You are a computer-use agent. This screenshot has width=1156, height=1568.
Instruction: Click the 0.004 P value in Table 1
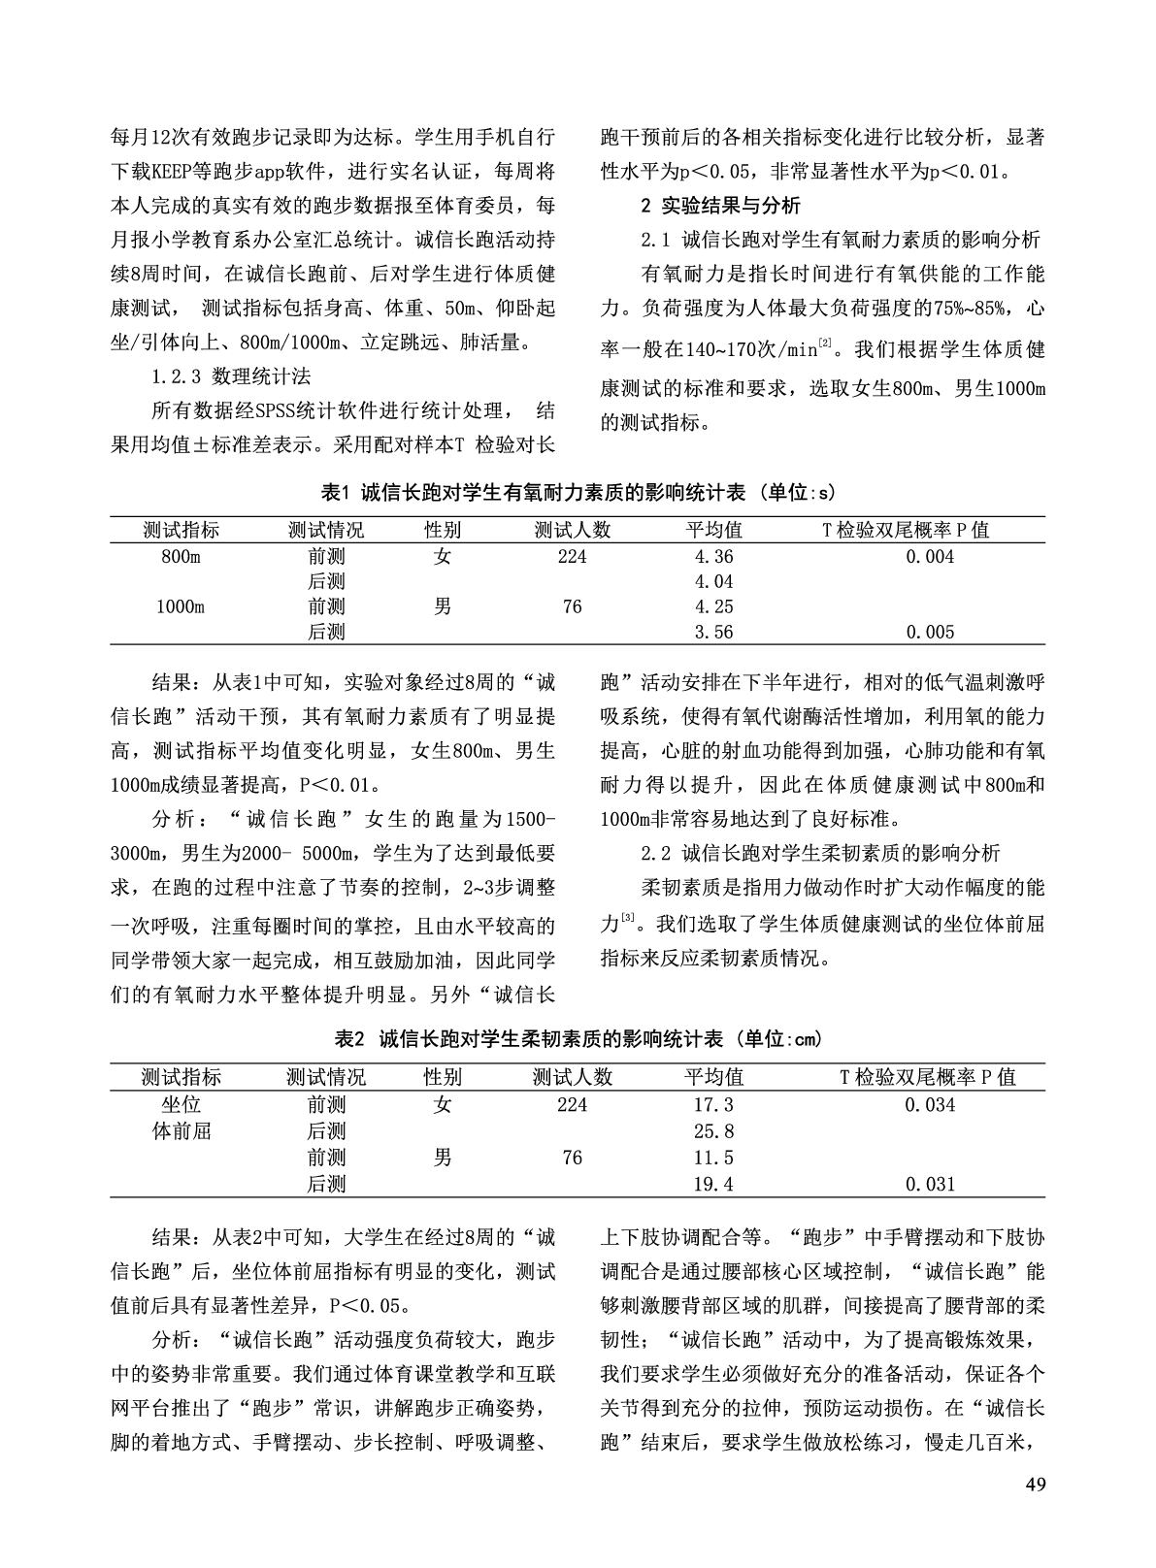pyautogui.click(x=929, y=556)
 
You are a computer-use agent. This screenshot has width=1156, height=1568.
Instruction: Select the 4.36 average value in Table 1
pyautogui.click(x=713, y=556)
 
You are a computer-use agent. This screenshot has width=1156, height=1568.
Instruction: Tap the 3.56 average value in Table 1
pyautogui.click(x=713, y=632)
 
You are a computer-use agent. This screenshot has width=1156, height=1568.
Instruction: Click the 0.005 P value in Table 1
pyautogui.click(x=929, y=632)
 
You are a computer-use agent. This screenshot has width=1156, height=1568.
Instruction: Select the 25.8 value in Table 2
pyautogui.click(x=713, y=1130)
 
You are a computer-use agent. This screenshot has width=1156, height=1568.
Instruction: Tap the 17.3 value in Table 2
pyautogui.click(x=713, y=1104)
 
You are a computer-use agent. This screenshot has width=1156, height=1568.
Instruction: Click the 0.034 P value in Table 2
pyautogui.click(x=929, y=1104)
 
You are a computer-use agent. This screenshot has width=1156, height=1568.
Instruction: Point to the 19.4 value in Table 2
pyautogui.click(x=713, y=1183)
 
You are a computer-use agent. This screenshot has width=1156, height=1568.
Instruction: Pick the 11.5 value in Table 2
pyautogui.click(x=713, y=1157)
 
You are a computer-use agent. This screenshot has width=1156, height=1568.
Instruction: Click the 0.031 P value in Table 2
pyautogui.click(x=929, y=1183)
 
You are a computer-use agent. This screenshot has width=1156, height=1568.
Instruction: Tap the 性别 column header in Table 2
pyautogui.click(x=443, y=1077)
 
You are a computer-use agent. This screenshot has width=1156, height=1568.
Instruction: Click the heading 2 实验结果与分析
pyautogui.click(x=721, y=205)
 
